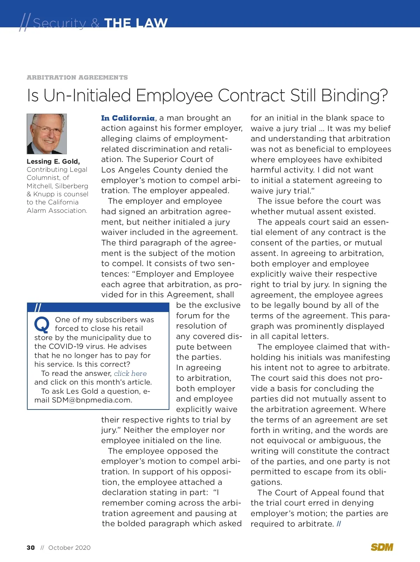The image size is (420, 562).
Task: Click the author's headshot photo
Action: click(47, 134)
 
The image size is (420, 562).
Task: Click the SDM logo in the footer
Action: click(382, 547)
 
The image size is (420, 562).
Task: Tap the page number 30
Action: click(31, 548)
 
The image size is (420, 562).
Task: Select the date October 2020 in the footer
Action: click(69, 548)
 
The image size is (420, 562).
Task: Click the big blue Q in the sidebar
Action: click(42, 325)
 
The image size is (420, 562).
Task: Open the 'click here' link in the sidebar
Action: click(130, 373)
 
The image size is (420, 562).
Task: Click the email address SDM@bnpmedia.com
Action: click(92, 400)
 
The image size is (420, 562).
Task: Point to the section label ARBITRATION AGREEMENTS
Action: click(77, 77)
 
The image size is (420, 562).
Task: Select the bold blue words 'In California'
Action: click(128, 118)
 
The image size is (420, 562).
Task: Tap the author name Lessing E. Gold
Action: click(53, 161)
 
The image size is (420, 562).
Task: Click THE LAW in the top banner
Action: click(136, 23)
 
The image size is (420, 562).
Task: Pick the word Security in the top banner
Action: click(59, 23)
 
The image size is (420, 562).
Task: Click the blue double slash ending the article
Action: click(338, 524)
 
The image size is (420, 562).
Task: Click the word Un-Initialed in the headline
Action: click(87, 95)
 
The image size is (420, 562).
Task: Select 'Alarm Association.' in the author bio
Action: click(57, 210)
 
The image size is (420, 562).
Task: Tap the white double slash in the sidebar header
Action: click(38, 308)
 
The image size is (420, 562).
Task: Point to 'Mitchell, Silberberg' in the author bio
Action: click(57, 186)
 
